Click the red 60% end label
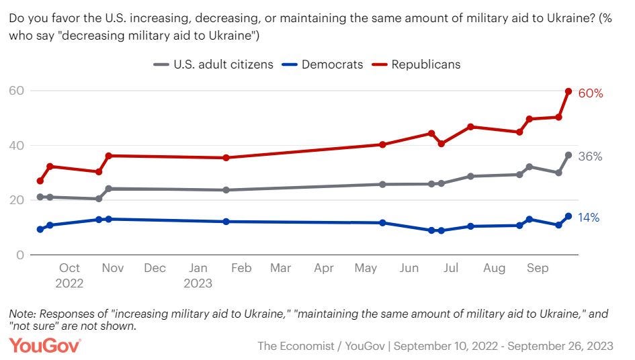point(591,93)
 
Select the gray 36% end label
point(590,156)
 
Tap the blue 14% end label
point(589,218)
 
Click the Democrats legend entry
point(332,64)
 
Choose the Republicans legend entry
point(425,64)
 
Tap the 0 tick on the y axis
point(21,255)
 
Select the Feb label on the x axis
point(241,269)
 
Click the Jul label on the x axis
point(451,269)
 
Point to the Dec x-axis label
point(155,269)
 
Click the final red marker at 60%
point(568,91)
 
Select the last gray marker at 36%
point(568,155)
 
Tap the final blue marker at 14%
point(568,216)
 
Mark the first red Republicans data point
point(40,181)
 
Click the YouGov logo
point(45,345)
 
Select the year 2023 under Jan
point(198,283)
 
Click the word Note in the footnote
point(22,314)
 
